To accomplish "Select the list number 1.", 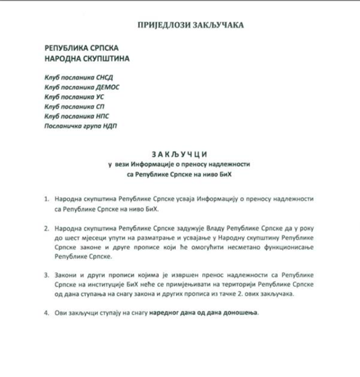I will (x=46, y=198).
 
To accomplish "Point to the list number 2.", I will (x=46, y=229).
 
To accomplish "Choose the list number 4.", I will (x=46, y=313).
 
